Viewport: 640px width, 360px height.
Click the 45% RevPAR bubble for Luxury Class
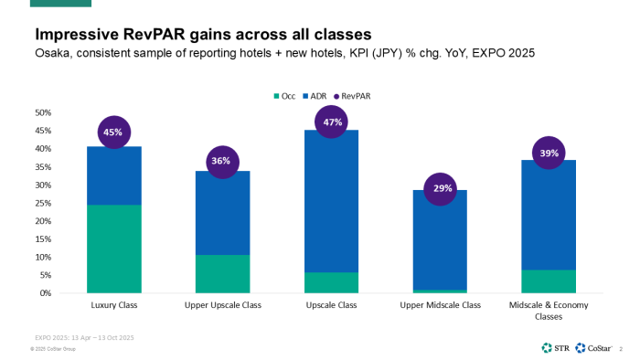pos(112,132)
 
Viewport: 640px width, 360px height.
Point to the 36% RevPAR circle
pos(222,162)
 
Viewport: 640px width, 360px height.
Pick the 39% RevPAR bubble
pos(549,154)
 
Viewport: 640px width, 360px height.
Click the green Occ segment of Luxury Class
pos(112,249)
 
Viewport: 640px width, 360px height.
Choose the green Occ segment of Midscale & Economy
pos(549,281)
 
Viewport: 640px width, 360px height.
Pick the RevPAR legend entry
pos(355,95)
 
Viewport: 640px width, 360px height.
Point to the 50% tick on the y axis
pos(42,112)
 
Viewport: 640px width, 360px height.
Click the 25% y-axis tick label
pos(42,203)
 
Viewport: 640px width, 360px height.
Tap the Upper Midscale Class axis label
pos(440,305)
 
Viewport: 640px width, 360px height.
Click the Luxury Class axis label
pos(112,305)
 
